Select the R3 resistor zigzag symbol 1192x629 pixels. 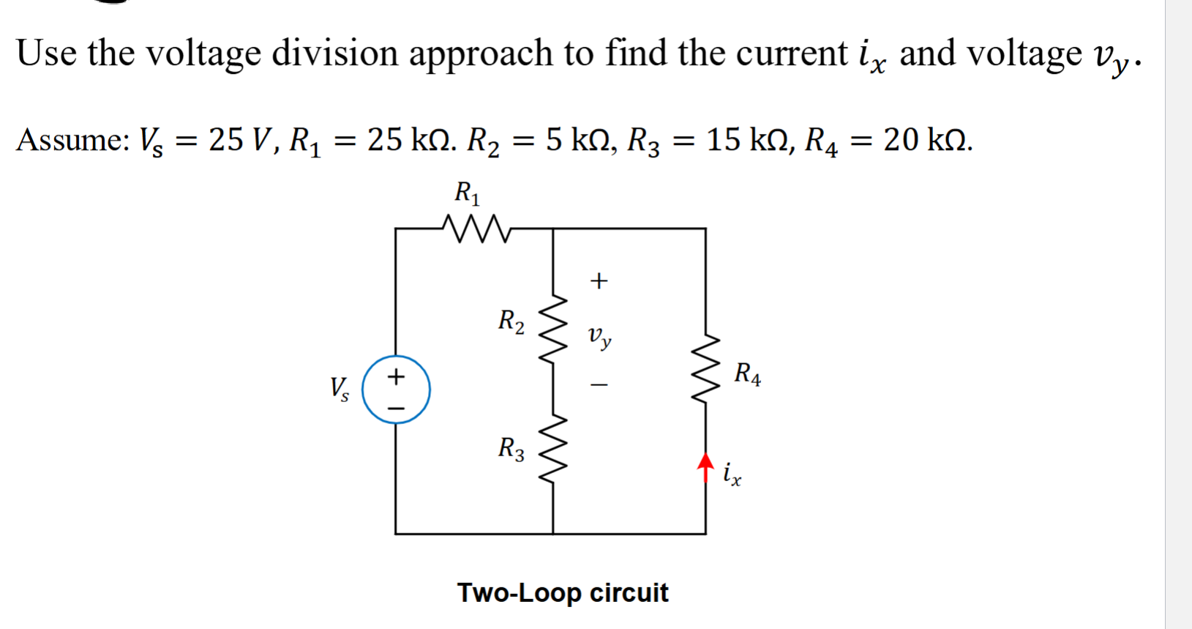[554, 446]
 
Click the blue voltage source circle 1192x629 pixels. [396, 390]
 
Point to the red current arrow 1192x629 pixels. [705, 466]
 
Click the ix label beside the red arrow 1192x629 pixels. [732, 474]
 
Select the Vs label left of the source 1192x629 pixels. [339, 389]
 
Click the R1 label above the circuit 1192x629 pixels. [467, 193]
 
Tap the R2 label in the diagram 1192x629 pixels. [511, 321]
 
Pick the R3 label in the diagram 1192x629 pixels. [511, 448]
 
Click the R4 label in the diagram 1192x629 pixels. [747, 374]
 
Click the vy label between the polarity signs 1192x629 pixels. [599, 337]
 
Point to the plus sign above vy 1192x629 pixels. [599, 281]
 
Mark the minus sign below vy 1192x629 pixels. [599, 384]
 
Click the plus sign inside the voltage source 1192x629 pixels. [396, 377]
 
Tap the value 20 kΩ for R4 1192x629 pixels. [927, 139]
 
